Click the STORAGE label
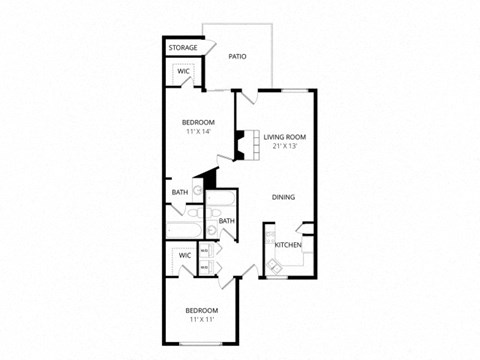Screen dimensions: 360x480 point(182,48)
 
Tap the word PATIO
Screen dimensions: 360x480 point(237,57)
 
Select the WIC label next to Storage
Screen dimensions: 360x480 point(184,72)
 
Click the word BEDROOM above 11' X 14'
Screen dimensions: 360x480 point(197,122)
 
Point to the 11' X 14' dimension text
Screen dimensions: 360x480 point(197,132)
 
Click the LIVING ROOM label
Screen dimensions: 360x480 point(284,137)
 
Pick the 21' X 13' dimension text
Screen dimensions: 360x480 point(284,147)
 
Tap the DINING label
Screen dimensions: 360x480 point(284,197)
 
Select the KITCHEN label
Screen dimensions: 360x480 point(288,245)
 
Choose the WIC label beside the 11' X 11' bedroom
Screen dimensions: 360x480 point(184,255)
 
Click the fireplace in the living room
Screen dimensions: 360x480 point(240,143)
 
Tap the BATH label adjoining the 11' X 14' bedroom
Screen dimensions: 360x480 point(179,192)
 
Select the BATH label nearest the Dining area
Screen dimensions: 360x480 point(227,221)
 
